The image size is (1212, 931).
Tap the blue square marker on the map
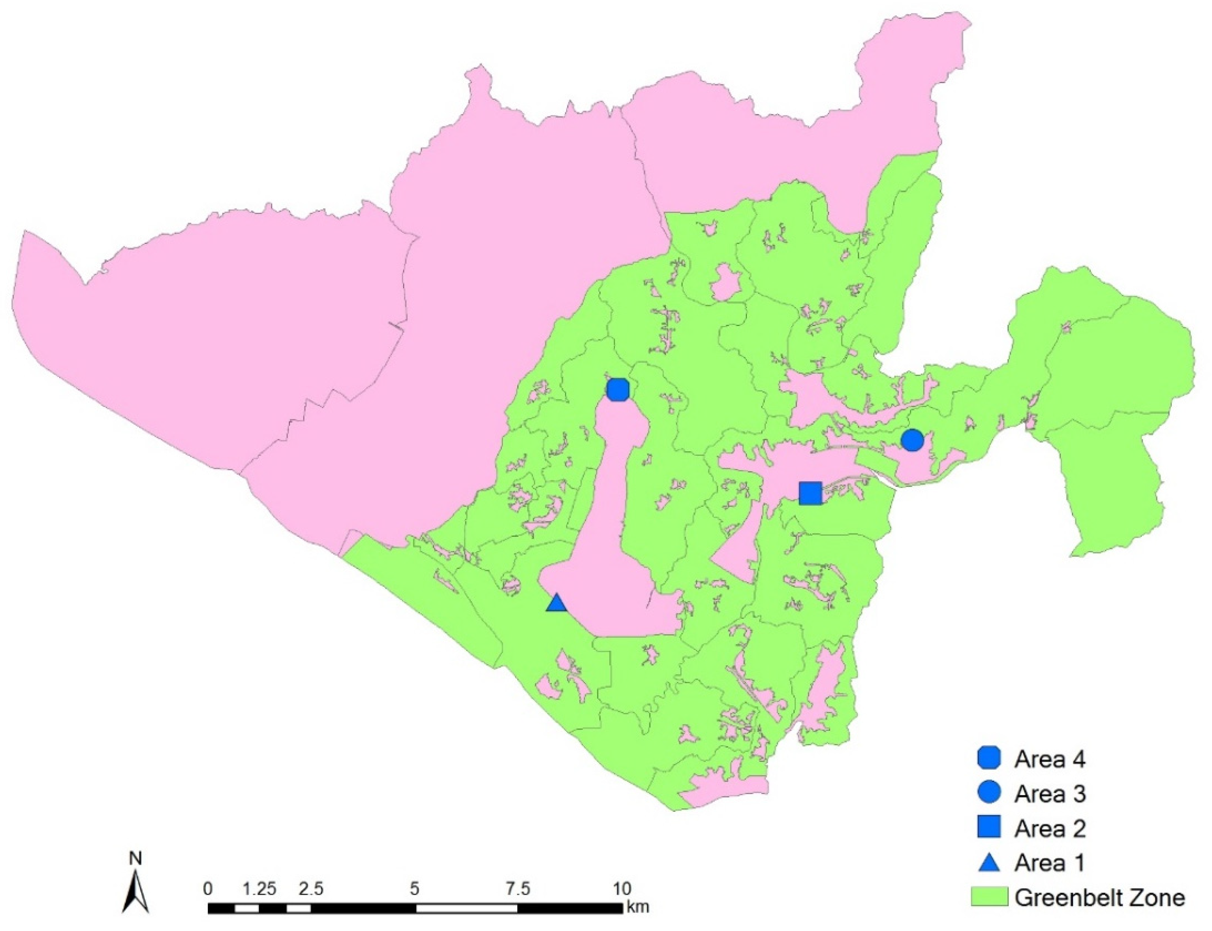810,493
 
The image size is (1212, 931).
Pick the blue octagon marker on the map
618,390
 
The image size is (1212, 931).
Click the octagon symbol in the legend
989,759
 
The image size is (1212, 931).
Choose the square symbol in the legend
989,827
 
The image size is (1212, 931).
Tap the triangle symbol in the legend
989,862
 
